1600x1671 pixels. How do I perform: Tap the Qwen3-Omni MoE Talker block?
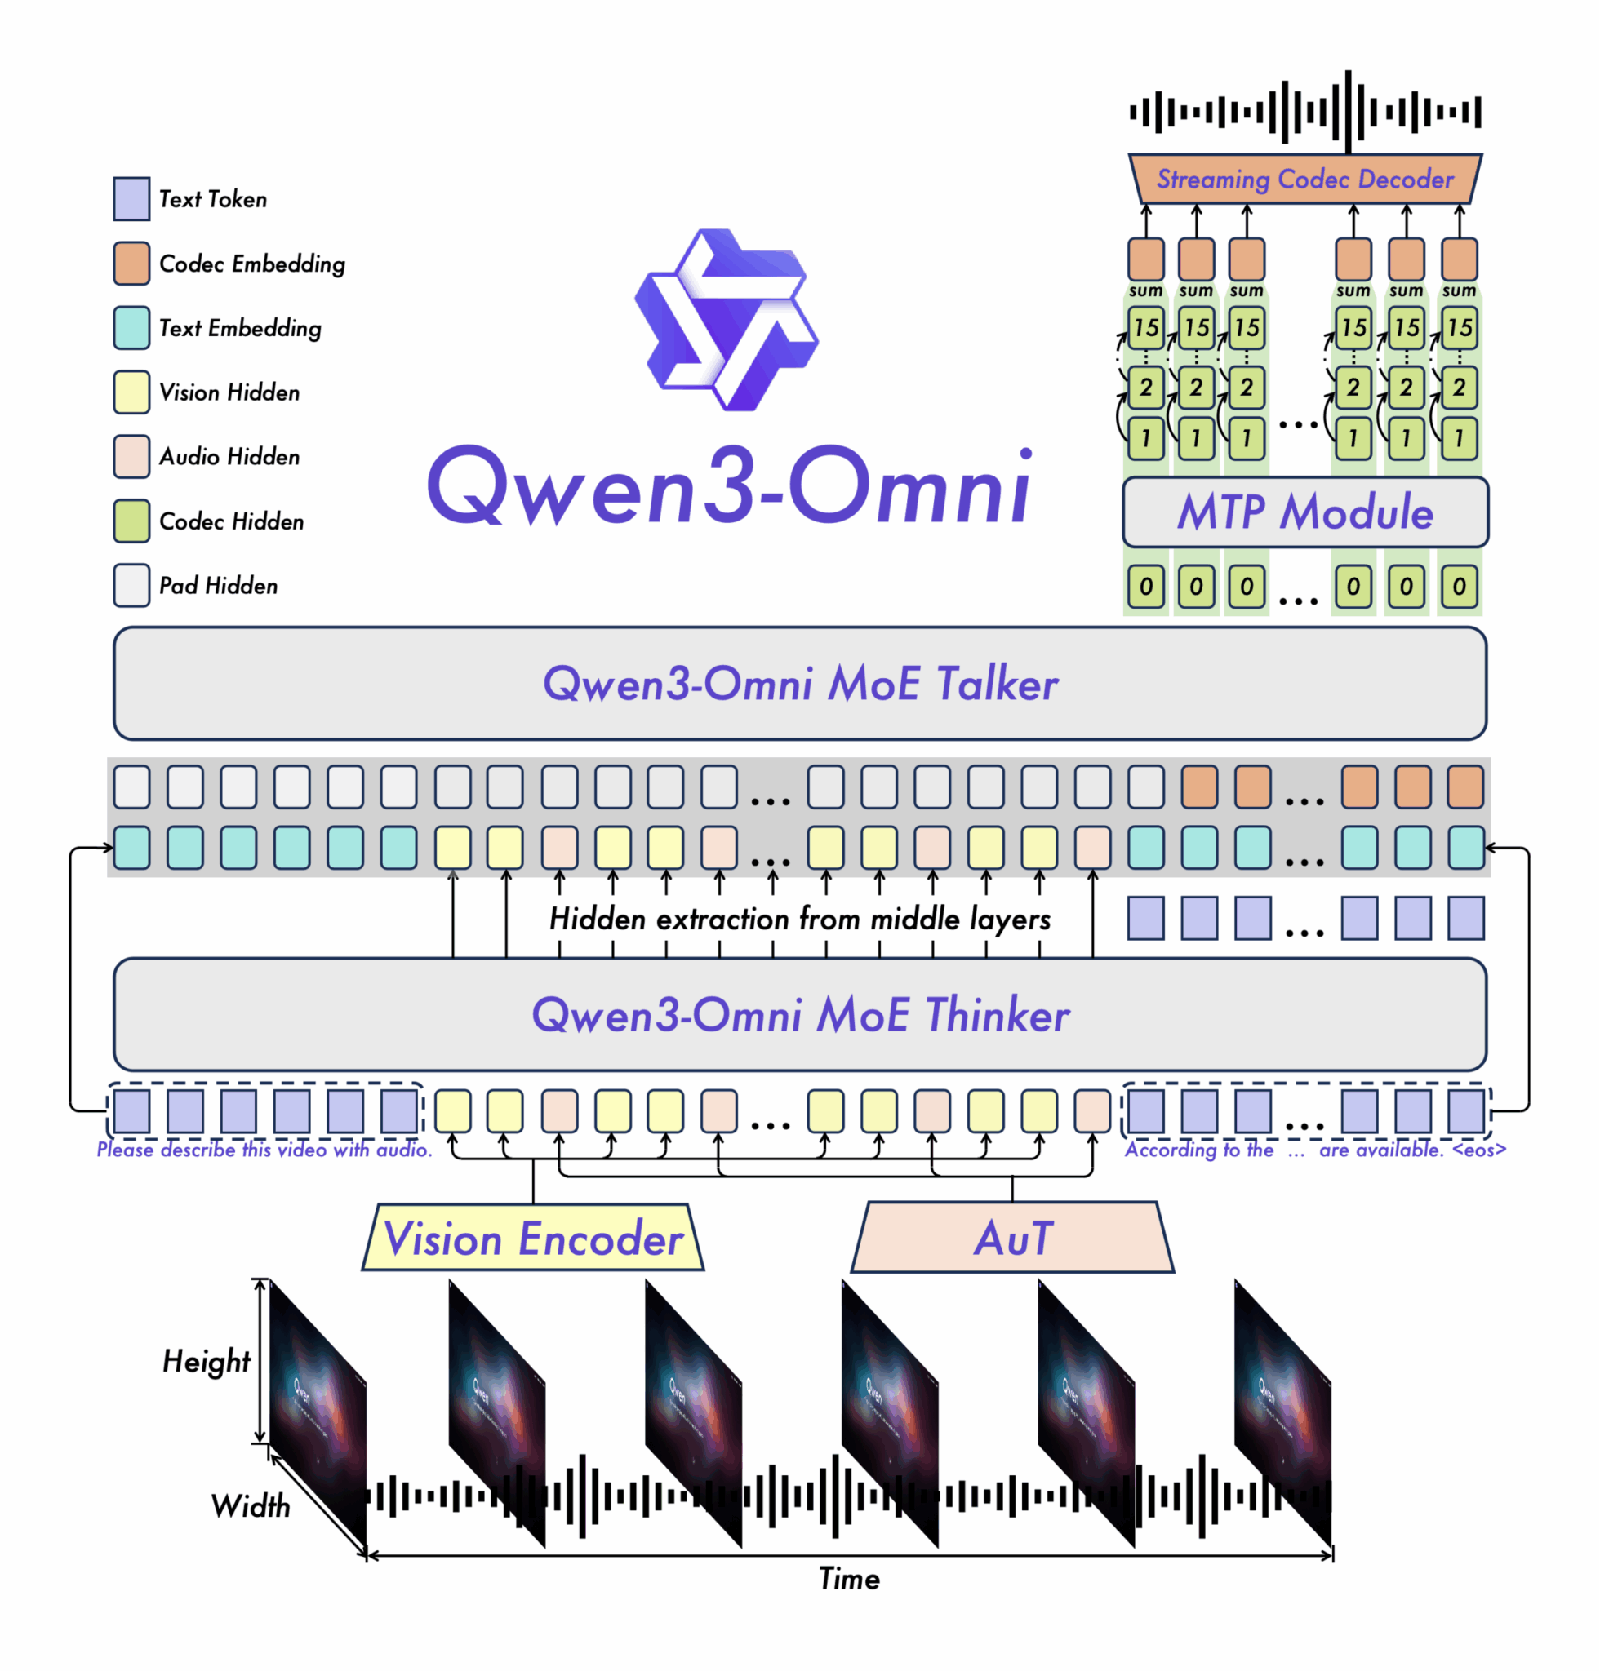(x=800, y=684)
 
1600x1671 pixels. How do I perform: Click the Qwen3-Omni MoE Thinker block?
(x=800, y=1014)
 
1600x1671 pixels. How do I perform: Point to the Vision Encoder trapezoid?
(x=533, y=1238)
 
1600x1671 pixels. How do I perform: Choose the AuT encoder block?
(x=1012, y=1238)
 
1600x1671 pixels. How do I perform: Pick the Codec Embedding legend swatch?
(x=131, y=264)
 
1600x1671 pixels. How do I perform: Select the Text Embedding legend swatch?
(x=131, y=328)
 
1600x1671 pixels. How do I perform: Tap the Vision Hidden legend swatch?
(x=131, y=392)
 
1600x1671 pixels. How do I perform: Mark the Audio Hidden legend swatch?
(x=131, y=457)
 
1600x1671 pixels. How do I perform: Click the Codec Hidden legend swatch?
(x=131, y=521)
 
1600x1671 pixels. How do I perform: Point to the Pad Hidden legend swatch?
(x=131, y=586)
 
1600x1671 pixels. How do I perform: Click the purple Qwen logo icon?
(x=726, y=321)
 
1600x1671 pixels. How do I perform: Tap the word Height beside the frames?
(x=207, y=1362)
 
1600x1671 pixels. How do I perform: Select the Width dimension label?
(x=251, y=1506)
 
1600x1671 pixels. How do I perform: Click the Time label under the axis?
(x=849, y=1579)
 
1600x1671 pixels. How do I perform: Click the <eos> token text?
(x=1479, y=1150)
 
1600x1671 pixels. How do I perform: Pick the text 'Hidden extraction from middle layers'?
(x=799, y=919)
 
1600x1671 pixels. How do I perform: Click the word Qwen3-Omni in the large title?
(x=730, y=486)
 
